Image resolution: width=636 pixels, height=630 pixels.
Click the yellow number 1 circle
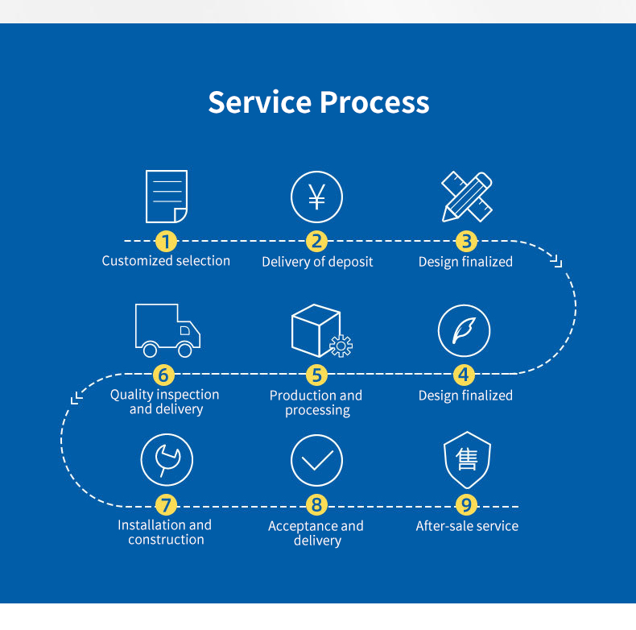click(x=167, y=241)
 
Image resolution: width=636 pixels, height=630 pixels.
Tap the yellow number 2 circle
click(x=316, y=241)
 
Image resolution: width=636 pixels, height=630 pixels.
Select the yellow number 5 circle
click(x=316, y=375)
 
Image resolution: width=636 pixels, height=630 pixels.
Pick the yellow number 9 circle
click(x=466, y=505)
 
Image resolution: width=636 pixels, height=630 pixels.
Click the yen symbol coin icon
click(x=316, y=197)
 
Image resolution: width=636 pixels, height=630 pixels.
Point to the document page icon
click(x=167, y=197)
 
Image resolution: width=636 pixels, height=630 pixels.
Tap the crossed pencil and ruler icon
click(x=467, y=197)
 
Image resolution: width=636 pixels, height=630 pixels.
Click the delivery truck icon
click(x=167, y=330)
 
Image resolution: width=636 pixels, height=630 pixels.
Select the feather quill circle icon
click(x=464, y=330)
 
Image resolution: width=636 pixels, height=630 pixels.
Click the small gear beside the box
click(x=341, y=346)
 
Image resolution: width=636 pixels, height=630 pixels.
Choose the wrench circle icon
click(x=167, y=459)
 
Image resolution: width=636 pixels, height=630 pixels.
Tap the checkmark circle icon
click(x=316, y=460)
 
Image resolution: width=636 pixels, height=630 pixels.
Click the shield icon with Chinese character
click(x=467, y=460)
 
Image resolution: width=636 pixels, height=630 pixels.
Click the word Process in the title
click(x=374, y=102)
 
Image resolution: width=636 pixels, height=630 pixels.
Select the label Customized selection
click(x=166, y=260)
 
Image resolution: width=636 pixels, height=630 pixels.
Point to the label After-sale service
click(x=467, y=526)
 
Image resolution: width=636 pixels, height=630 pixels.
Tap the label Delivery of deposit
click(x=317, y=262)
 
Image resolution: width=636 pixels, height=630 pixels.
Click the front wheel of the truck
click(x=185, y=350)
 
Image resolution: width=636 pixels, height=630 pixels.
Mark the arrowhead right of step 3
click(x=556, y=261)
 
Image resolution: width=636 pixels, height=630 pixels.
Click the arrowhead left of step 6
click(x=76, y=398)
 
